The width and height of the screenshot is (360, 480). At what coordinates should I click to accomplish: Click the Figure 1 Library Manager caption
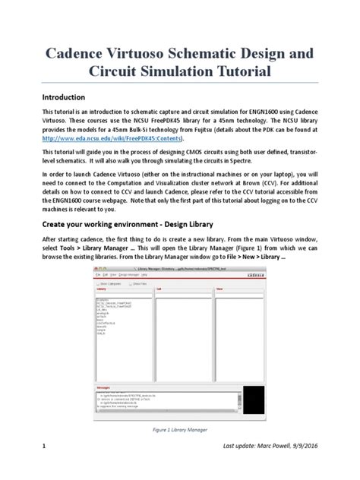[179, 430]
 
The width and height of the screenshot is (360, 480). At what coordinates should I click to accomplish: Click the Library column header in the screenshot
[102, 289]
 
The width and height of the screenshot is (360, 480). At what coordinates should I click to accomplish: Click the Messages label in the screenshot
[105, 386]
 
